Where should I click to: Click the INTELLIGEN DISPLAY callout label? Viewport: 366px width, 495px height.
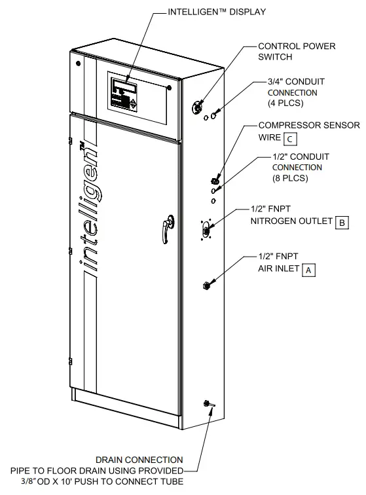(x=215, y=11)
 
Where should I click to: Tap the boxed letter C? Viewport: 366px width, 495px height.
(x=289, y=137)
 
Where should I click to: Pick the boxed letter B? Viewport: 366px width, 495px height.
(x=342, y=222)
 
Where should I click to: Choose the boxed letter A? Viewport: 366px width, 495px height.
(x=308, y=269)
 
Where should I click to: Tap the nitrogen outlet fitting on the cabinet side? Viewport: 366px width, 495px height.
(x=205, y=229)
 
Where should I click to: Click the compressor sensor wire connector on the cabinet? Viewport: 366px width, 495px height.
(x=213, y=179)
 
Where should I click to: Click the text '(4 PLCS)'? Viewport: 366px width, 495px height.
(x=283, y=103)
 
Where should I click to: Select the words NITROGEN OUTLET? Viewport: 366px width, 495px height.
(x=291, y=222)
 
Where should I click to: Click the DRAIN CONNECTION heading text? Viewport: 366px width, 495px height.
(x=139, y=460)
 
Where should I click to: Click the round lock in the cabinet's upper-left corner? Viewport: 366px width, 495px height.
(x=79, y=64)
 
